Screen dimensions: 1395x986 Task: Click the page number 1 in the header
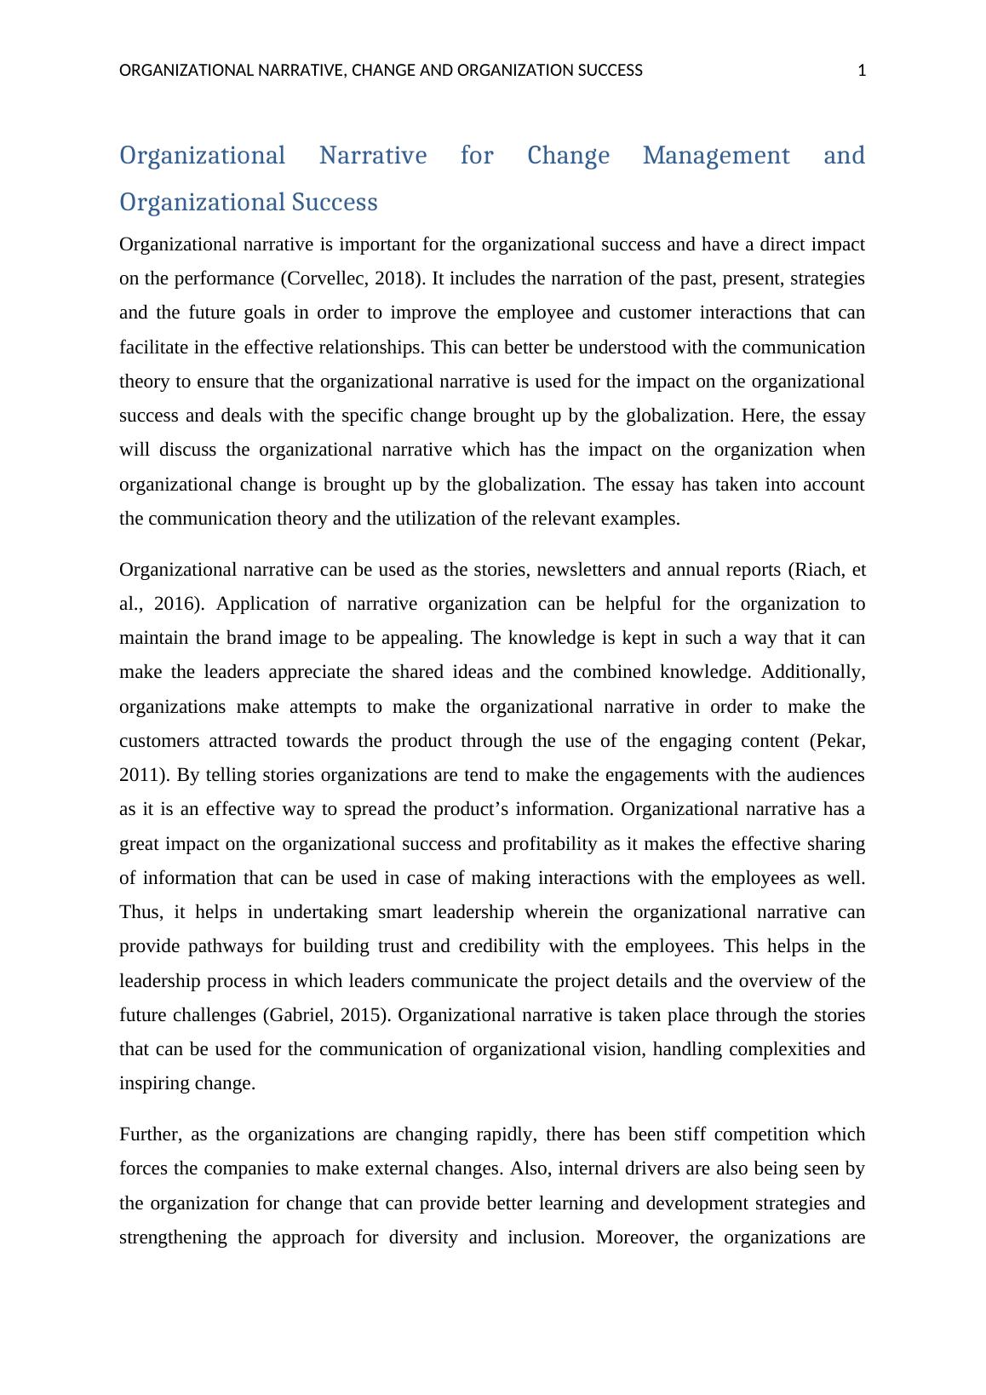click(x=862, y=71)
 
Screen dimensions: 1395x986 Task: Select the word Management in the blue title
click(x=716, y=156)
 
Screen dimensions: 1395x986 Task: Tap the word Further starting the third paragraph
click(x=149, y=1134)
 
